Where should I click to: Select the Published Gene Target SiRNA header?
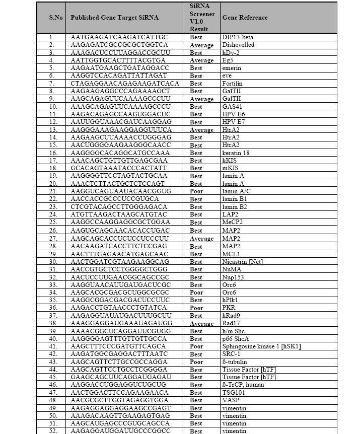(x=114, y=18)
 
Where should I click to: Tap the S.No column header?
(x=56, y=18)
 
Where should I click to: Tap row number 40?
(x=52, y=339)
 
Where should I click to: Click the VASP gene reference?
(x=230, y=400)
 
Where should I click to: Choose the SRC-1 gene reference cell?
(x=231, y=354)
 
